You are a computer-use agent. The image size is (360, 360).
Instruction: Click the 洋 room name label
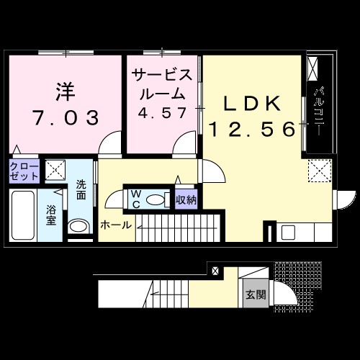(x=65, y=92)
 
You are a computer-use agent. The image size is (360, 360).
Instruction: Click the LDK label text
(x=252, y=104)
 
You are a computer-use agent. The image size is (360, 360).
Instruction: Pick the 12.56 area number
(x=252, y=130)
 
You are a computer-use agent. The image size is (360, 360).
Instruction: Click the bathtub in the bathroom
(x=25, y=216)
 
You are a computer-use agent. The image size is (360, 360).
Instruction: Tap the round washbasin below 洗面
(x=78, y=226)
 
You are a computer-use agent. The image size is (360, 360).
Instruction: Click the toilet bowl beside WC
(x=154, y=198)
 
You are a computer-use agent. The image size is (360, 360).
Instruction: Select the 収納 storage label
(x=186, y=198)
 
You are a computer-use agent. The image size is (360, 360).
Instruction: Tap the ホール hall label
(x=116, y=225)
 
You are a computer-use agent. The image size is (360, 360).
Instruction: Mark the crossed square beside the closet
(x=55, y=171)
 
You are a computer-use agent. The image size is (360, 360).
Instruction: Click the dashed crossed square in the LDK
(x=318, y=171)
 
